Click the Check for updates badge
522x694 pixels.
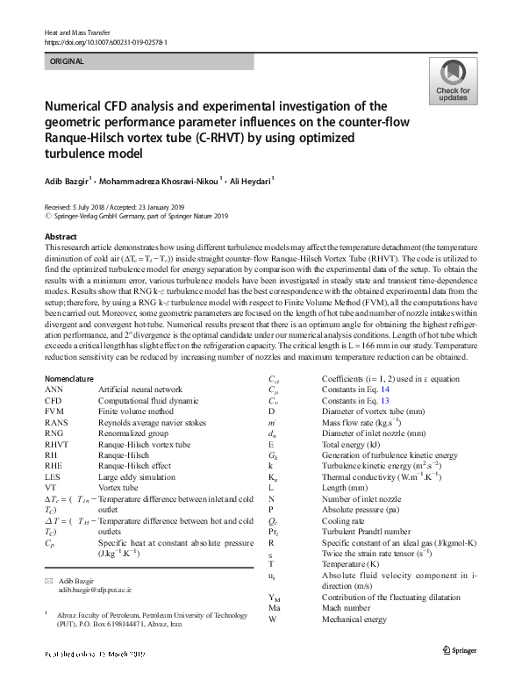453,82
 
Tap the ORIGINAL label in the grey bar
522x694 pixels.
68,61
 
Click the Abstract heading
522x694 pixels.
61,238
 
